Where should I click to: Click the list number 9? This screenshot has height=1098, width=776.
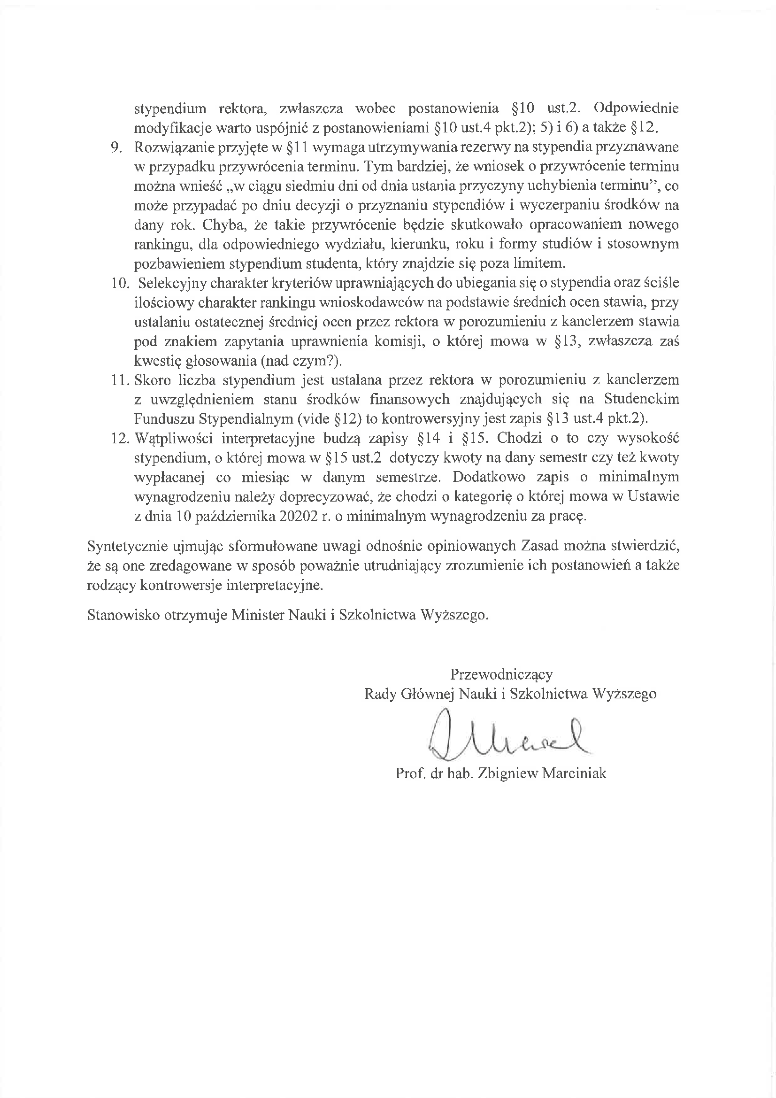118,147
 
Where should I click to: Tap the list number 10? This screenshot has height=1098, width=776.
121,283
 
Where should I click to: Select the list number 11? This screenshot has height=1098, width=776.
121,380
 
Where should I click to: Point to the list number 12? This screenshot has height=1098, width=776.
121,439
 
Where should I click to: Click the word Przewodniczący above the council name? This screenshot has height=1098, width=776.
501,674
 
